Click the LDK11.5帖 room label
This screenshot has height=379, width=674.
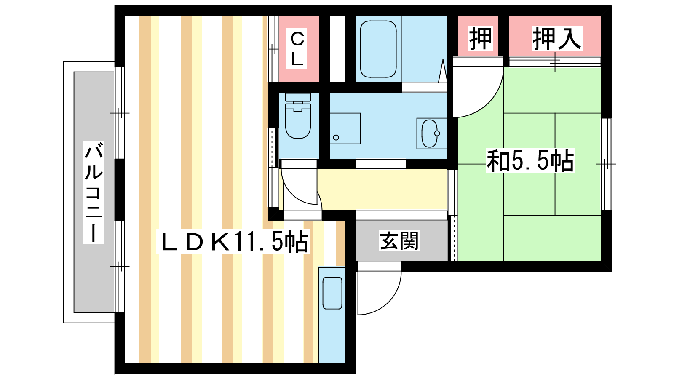tap(233, 241)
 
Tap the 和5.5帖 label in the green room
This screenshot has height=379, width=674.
tap(530, 160)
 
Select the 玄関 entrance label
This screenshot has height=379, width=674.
tap(399, 240)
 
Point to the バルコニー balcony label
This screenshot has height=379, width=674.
tap(93, 192)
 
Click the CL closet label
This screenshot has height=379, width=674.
tap(297, 49)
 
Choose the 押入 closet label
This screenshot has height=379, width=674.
tap(557, 38)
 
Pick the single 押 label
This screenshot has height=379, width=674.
tap(480, 38)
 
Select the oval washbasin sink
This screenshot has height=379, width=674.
tap(430, 133)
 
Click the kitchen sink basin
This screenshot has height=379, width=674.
tap(332, 293)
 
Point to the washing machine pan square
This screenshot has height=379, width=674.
tap(345, 128)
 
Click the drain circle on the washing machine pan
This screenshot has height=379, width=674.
tap(336, 138)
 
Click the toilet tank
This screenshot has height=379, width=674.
tap(298, 97)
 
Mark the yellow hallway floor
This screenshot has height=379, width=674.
tap(382, 189)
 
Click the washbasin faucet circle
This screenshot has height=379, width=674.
tap(437, 133)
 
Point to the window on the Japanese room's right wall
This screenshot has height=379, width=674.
tap(606, 164)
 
